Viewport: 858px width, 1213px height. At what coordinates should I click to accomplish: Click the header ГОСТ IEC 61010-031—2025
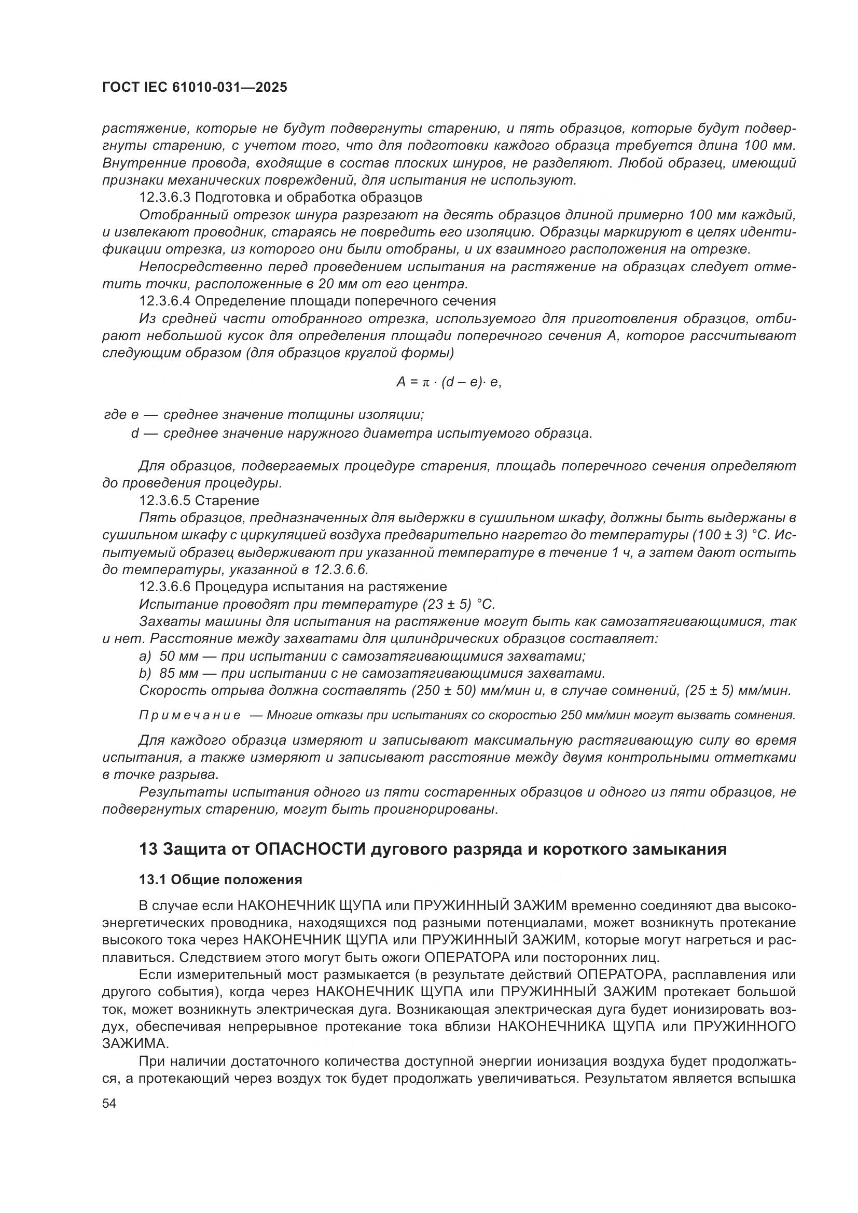click(x=195, y=88)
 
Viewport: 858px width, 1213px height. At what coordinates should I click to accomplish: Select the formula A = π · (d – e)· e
click(x=448, y=383)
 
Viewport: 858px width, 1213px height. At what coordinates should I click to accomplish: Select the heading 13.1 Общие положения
click(x=220, y=879)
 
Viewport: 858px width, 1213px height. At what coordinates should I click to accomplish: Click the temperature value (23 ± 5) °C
click(x=459, y=604)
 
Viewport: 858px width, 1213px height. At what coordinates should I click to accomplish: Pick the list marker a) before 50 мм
click(x=145, y=656)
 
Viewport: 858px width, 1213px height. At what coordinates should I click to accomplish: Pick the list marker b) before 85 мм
click(x=145, y=674)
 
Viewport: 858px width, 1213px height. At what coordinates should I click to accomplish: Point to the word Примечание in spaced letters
click(x=190, y=716)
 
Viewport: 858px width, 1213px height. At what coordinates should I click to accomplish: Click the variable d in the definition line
click(x=135, y=434)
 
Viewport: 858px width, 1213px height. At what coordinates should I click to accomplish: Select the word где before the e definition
click(x=115, y=415)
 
